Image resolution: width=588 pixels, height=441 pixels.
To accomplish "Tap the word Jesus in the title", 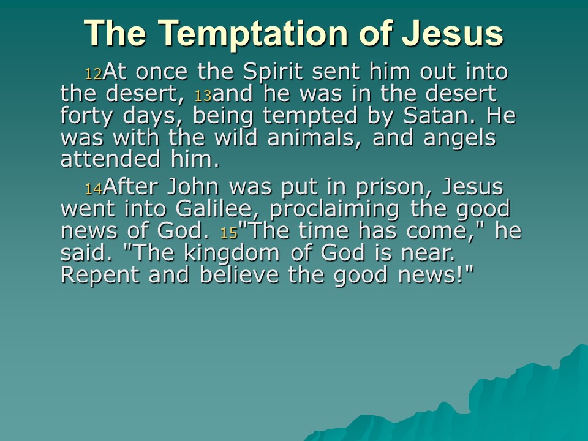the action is (453, 33).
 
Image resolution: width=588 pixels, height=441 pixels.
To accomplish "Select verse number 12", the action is (93, 74).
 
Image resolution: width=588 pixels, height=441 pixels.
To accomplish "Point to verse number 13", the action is (203, 96).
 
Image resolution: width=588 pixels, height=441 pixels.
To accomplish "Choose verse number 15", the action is (229, 233).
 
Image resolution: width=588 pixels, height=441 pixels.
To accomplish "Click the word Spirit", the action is (273, 72).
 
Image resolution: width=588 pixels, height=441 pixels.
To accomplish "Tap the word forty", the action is (86, 116).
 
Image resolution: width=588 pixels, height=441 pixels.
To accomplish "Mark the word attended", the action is (111, 159).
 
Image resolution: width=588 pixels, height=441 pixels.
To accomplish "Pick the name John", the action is (193, 186).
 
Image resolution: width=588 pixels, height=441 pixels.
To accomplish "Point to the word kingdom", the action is (232, 253).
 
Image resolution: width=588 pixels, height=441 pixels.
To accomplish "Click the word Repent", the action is (100, 275).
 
